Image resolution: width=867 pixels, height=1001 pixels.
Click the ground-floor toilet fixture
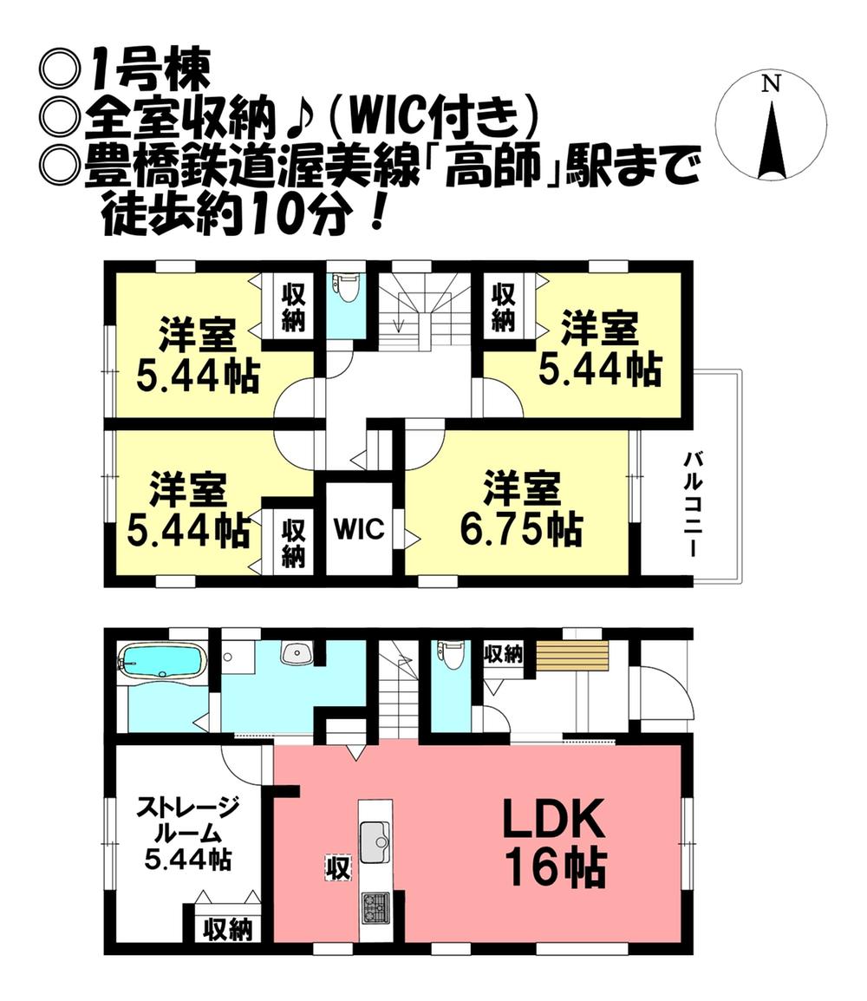449,655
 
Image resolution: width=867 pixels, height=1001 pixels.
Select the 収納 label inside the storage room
227,931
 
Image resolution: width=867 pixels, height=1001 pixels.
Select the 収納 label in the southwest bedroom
293,541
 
